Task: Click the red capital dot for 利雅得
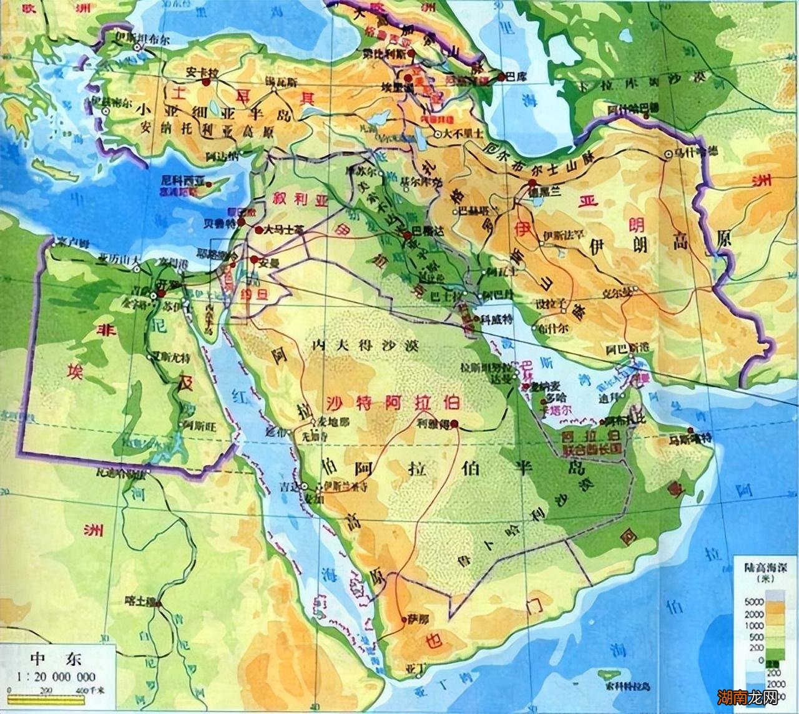(x=454, y=424)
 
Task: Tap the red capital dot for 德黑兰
(x=532, y=183)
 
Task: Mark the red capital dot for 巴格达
(x=408, y=235)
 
